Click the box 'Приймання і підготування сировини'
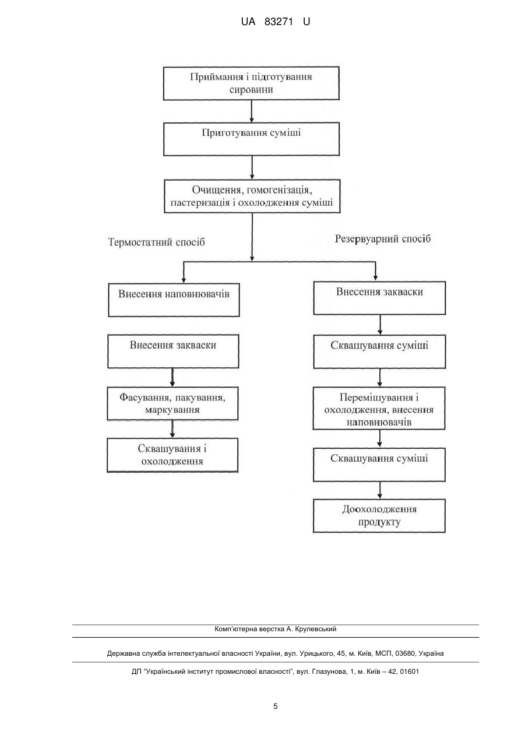(x=251, y=83)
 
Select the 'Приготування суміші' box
(x=251, y=139)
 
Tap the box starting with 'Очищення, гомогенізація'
(x=252, y=196)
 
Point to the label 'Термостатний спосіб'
(x=156, y=242)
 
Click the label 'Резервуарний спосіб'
(x=383, y=239)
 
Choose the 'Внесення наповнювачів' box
(x=174, y=300)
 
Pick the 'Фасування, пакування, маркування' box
(x=172, y=403)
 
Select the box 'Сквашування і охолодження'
(x=172, y=455)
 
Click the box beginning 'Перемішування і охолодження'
(x=379, y=409)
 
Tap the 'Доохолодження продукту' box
(x=379, y=516)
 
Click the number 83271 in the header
(x=279, y=22)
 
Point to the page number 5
(x=275, y=706)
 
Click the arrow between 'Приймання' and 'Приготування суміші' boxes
(x=251, y=111)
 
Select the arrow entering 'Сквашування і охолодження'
(x=172, y=430)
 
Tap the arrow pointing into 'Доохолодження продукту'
(x=379, y=490)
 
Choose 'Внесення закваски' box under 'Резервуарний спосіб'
(x=379, y=298)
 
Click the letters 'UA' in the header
(x=248, y=22)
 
